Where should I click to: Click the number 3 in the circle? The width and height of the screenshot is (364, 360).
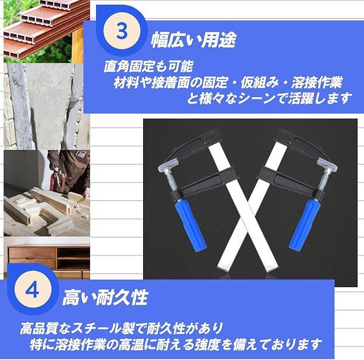(x=122, y=31)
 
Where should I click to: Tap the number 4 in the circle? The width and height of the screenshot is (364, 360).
(x=32, y=290)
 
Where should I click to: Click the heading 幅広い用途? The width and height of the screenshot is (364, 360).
(x=194, y=40)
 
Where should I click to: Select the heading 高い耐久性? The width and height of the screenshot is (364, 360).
(x=105, y=297)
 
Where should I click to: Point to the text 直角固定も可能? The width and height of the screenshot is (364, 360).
(x=148, y=66)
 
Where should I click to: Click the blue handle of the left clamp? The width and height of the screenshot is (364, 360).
(x=190, y=225)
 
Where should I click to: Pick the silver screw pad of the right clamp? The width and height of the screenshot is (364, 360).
(x=328, y=164)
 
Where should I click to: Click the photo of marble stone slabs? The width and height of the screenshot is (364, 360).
(x=47, y=107)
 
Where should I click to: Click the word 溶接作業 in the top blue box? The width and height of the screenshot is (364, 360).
(x=316, y=82)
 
